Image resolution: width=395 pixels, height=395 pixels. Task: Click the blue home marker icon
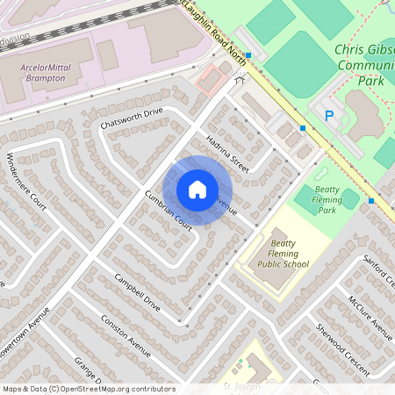197,190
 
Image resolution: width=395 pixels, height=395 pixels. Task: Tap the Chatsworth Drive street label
132,118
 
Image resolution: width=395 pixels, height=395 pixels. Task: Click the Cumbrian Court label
168,211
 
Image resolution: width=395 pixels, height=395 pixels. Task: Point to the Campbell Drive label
137,292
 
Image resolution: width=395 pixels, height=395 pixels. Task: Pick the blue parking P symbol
329,115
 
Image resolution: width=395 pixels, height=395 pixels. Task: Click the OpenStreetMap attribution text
88,389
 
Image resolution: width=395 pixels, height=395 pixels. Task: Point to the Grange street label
87,369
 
